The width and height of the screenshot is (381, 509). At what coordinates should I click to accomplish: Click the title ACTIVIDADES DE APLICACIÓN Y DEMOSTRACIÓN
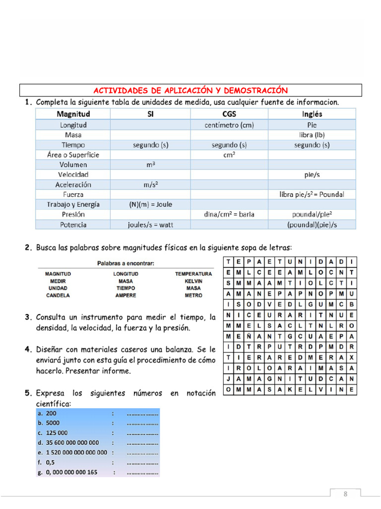(x=190, y=90)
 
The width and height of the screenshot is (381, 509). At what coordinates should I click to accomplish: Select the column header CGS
(x=229, y=114)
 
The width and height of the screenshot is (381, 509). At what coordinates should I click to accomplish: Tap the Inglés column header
(x=312, y=114)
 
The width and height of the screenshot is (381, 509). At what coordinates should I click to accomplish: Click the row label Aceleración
(x=73, y=184)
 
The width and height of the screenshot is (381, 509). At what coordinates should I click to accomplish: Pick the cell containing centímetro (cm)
(x=229, y=125)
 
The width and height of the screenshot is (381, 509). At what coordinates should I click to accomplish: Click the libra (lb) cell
(x=312, y=135)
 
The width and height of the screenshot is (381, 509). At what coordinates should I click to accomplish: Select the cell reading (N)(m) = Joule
(x=150, y=204)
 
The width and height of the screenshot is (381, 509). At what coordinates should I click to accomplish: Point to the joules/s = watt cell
(x=150, y=224)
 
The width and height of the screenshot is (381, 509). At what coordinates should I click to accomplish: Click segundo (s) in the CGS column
(x=229, y=145)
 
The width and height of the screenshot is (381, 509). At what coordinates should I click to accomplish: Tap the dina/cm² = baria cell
(x=229, y=214)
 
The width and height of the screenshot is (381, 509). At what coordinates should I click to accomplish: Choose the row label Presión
(x=73, y=214)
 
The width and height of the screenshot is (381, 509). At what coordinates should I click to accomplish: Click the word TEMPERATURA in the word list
(x=193, y=274)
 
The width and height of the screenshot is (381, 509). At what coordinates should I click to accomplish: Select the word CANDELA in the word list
(x=58, y=295)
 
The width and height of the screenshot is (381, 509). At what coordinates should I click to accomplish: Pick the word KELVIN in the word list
(x=193, y=281)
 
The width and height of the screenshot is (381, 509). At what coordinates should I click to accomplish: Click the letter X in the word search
(x=351, y=358)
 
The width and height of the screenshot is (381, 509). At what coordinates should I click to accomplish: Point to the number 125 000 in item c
(x=57, y=432)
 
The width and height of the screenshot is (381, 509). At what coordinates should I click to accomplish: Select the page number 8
(x=345, y=494)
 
